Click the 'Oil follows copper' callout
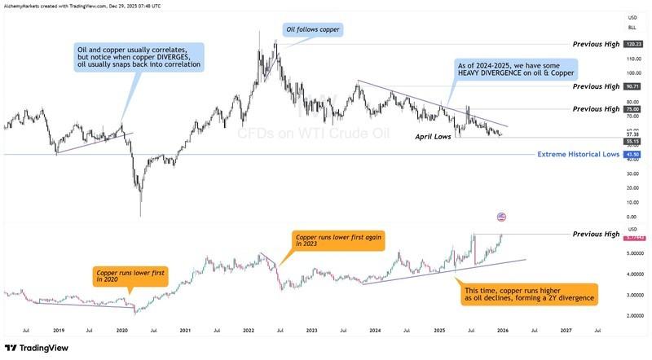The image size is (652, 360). coord(313,30)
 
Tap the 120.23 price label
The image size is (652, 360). coord(632,44)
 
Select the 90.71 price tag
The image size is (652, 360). coord(632,86)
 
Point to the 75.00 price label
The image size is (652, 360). coord(632,109)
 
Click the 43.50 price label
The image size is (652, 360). coord(632,154)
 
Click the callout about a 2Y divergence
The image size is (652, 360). coord(528,294)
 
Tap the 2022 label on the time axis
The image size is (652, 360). coord(249,331)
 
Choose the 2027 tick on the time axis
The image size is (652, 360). coord(566,331)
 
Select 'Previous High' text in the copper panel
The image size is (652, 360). coord(596,235)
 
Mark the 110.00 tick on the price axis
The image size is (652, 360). coord(632,59)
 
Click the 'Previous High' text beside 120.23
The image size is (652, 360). coord(596,44)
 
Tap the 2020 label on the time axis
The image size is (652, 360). coord(121,331)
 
